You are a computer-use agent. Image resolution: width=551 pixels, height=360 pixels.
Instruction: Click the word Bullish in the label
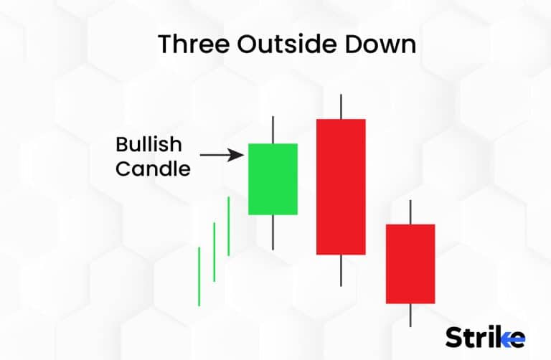click(x=149, y=145)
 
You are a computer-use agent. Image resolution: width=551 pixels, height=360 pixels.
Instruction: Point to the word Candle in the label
click(x=153, y=169)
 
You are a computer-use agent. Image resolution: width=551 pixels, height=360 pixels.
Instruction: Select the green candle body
click(x=273, y=179)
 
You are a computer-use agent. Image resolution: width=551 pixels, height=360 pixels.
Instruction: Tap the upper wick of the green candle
click(x=273, y=129)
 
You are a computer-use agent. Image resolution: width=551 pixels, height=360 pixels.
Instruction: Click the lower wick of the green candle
click(x=273, y=232)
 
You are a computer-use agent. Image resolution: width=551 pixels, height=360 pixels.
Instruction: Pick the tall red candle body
click(x=341, y=186)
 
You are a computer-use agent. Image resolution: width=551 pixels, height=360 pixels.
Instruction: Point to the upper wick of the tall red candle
click(x=341, y=106)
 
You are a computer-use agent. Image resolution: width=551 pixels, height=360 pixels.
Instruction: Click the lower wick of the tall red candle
click(x=341, y=270)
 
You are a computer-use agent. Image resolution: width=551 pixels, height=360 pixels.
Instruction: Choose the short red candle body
click(x=410, y=263)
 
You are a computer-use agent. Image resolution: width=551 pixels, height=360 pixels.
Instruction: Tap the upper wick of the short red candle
click(x=410, y=212)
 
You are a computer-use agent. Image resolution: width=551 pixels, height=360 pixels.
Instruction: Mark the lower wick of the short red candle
click(x=410, y=315)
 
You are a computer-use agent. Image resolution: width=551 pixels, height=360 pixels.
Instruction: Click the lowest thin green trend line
click(x=199, y=276)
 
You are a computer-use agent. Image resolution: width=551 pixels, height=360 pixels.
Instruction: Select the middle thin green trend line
click(x=214, y=251)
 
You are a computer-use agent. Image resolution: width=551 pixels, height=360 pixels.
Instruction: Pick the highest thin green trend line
click(x=228, y=226)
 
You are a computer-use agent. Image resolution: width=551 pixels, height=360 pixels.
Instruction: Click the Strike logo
click(x=485, y=336)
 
